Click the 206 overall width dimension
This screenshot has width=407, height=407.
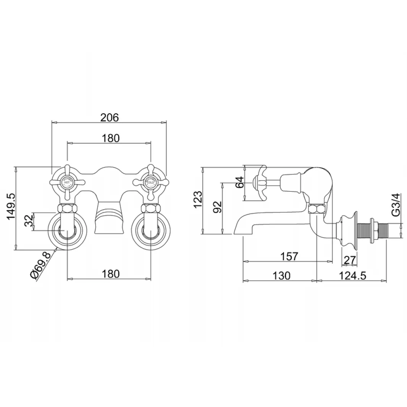coord(110,118)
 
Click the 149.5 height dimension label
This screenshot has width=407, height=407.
coord(11,207)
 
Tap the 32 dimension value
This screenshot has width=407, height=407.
coord(28,221)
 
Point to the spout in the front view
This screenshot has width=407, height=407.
coord(110,220)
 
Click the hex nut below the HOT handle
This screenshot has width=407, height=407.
coord(67,209)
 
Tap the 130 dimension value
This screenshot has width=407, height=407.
coord(282,275)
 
